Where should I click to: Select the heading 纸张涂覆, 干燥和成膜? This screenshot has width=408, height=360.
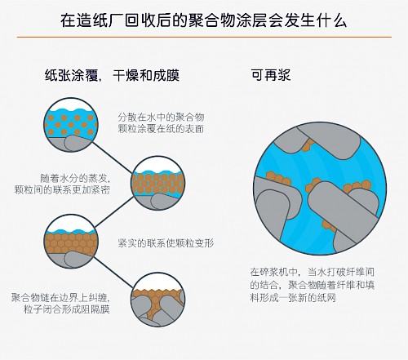click(112, 75)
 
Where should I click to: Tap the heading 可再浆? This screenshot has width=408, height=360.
click(271, 75)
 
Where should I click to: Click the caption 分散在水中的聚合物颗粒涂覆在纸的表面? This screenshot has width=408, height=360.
click(161, 122)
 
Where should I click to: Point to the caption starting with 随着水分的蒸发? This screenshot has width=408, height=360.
click(62, 184)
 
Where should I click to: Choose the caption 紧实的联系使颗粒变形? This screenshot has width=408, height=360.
click(166, 242)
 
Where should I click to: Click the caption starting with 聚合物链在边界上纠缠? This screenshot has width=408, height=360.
click(60, 303)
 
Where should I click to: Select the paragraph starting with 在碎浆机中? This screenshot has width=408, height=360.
click(313, 285)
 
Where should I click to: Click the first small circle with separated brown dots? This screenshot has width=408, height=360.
click(71, 125)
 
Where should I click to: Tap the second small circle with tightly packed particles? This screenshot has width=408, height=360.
click(158, 183)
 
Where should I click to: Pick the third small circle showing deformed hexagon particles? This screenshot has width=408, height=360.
click(71, 241)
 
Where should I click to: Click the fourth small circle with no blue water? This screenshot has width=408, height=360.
click(158, 300)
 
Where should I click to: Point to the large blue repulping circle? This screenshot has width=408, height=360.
click(320, 189)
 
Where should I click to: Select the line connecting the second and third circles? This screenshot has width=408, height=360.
click(114, 211)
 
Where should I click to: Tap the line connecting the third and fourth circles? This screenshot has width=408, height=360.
click(113, 272)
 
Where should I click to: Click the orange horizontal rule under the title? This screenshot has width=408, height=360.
click(204, 37)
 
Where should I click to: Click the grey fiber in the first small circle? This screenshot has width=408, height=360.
click(78, 143)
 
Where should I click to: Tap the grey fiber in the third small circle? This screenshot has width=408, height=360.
click(79, 259)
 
